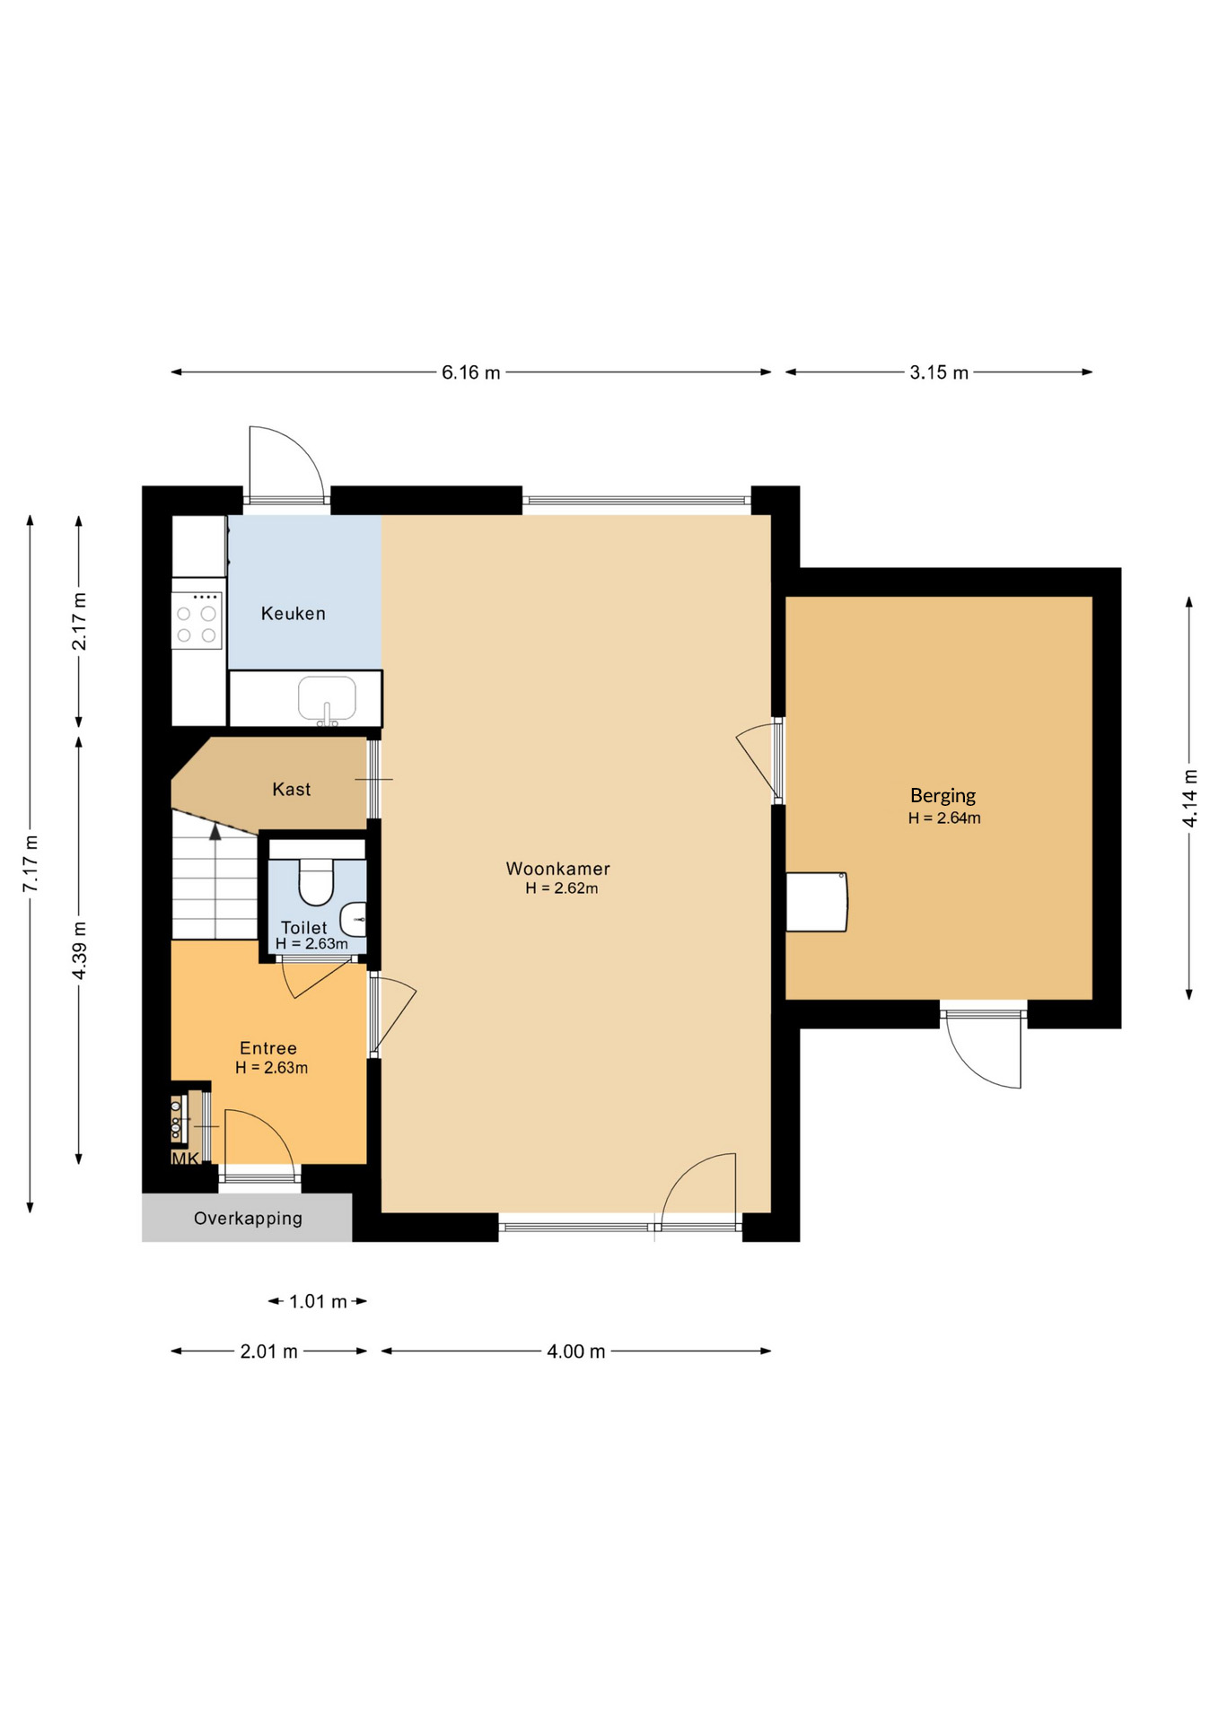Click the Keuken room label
coord(293,614)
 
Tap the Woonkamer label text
coord(557,869)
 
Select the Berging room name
coord(943,796)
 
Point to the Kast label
coord(291,790)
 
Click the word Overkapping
coord(248,1219)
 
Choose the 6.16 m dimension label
coord(470,372)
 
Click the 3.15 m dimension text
coord(939,372)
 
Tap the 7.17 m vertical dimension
coord(31,863)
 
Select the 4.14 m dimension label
coord(1189,799)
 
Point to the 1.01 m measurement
coord(318,1301)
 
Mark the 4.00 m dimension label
coord(576,1351)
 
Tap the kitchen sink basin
coord(327,699)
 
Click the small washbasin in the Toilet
coord(354,919)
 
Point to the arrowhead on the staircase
coord(215,832)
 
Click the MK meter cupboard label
coord(185,1159)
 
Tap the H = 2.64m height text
coord(944,818)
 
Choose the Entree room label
coord(267,1048)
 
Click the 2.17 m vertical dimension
coord(79,621)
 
